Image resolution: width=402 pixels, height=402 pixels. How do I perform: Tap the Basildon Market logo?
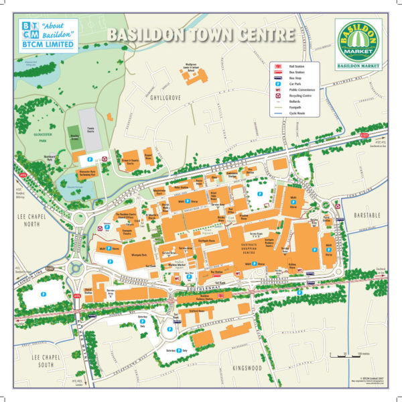[x=358, y=46]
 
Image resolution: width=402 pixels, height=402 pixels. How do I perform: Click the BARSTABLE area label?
[x=367, y=217]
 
